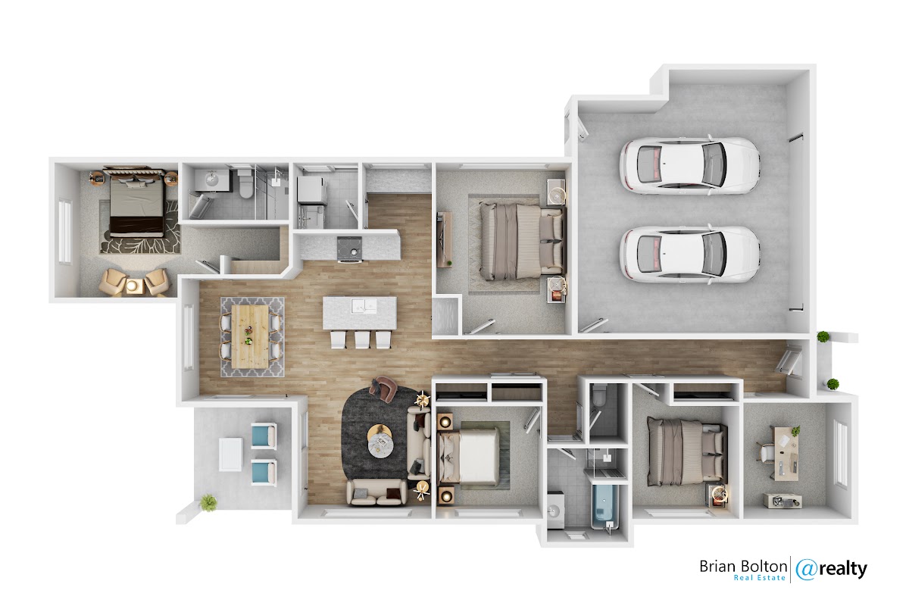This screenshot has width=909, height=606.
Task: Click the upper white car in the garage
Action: pos(689,165)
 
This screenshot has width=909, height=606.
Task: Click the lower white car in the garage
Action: pos(689,254)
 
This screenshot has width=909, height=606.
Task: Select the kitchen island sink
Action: pos(364,305)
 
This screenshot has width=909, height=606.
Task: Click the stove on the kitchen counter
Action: pos(349,248)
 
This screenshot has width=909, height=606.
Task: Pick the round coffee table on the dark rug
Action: pos(380,442)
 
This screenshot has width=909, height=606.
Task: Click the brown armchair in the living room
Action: pos(383,389)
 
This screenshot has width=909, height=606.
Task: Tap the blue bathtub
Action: pos(604,504)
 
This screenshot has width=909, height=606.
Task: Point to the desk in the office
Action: pos(786,453)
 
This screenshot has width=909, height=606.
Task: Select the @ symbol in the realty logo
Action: pos(806,570)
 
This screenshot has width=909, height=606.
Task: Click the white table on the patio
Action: pos(230,454)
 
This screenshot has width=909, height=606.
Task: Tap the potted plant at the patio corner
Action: pos(208,502)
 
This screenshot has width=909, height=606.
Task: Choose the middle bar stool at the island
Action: pos(362,339)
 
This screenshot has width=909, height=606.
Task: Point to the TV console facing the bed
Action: pos(444,239)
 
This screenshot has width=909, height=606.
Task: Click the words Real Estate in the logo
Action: pos(759,578)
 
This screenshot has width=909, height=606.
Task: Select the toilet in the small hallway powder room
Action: pos(598,395)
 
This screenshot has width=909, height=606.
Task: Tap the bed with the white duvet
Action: pos(468,456)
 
